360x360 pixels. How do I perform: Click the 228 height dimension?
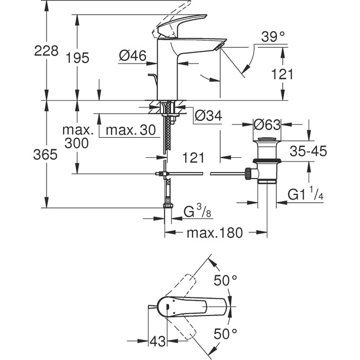coord(46,51)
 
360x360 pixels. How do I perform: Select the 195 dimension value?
coord(78,58)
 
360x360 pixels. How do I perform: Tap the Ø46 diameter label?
coord(132,55)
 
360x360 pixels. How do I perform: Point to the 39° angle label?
coord(273,37)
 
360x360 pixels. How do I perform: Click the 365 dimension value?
coord(46,155)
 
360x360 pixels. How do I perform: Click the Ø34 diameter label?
coord(208,115)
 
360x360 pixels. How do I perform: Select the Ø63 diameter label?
coord(267,125)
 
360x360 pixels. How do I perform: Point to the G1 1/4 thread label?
coord(305,195)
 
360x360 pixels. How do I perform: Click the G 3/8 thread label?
coord(197,213)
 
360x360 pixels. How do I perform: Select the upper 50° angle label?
coord(225,280)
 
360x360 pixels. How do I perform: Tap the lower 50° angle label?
coord(225,334)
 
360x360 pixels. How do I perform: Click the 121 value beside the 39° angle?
coord(282,74)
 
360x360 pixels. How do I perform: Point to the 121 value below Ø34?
coord(193,157)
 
